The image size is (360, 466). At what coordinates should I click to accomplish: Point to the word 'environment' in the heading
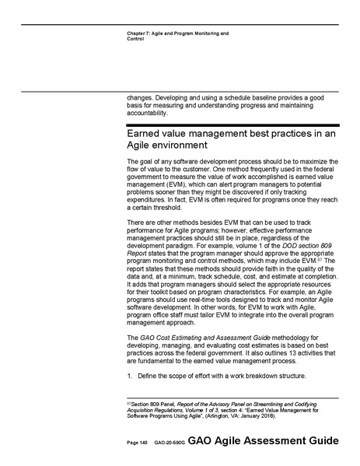point(172,146)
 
